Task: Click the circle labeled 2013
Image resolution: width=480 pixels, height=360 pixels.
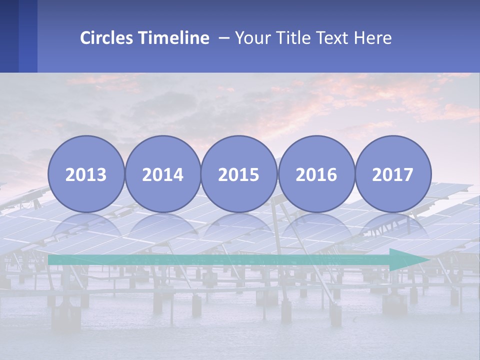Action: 86,174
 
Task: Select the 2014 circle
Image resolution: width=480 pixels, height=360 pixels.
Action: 162,174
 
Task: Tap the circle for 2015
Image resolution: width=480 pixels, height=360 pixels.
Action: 239,174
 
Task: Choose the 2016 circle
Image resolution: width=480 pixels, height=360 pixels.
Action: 316,174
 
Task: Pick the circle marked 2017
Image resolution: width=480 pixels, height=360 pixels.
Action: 393,174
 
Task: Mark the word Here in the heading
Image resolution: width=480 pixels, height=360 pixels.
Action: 373,38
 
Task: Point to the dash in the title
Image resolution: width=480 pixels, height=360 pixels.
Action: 224,38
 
